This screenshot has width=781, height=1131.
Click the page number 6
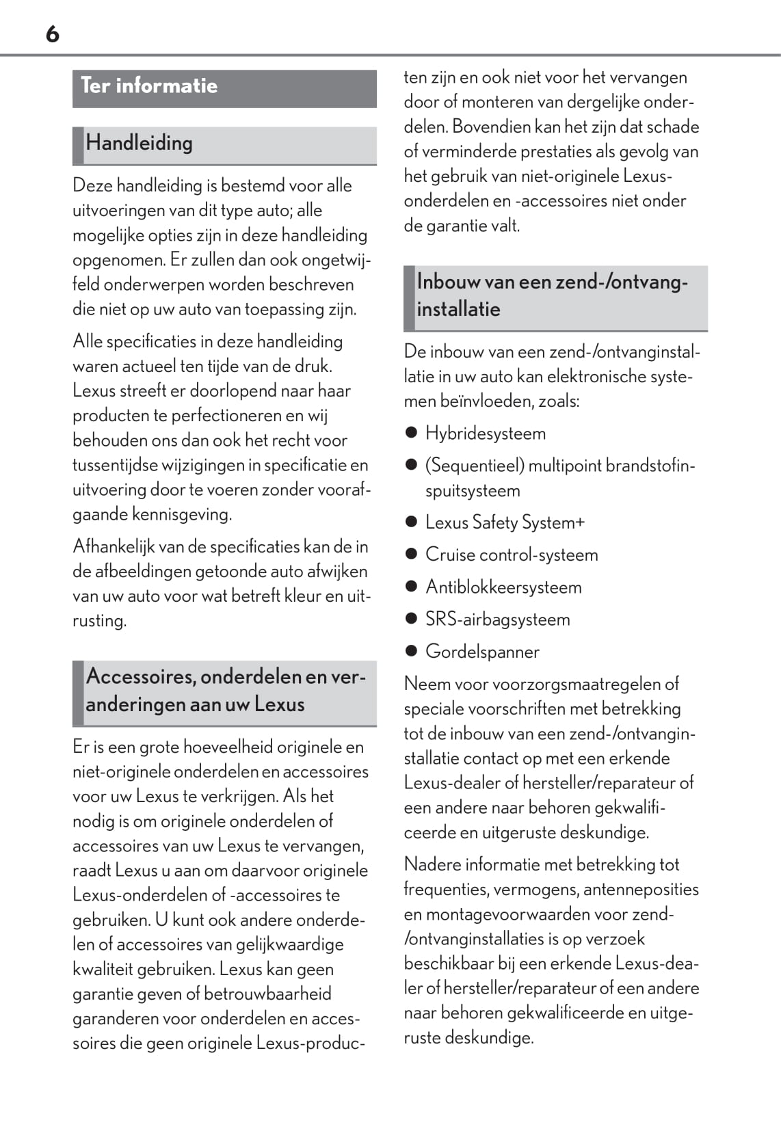pyautogui.click(x=53, y=34)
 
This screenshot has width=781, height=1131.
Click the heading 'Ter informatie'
pyautogui.click(x=149, y=86)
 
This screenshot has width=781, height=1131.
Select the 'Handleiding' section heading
pyautogui.click(x=139, y=143)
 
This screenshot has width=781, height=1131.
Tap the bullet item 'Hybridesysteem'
pyautogui.click(x=485, y=434)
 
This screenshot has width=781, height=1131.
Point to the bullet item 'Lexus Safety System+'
pyautogui.click(x=505, y=522)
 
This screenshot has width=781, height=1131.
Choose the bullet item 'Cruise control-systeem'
pyautogui.click(x=511, y=555)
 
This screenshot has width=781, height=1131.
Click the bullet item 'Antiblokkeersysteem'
pyautogui.click(x=503, y=587)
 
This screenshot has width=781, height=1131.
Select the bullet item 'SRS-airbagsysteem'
pyautogui.click(x=497, y=620)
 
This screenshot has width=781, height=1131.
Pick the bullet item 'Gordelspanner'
pyautogui.click(x=482, y=652)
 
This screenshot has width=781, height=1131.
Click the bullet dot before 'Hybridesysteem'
pyautogui.click(x=411, y=433)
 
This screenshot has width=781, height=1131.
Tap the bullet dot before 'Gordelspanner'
pyautogui.click(x=411, y=651)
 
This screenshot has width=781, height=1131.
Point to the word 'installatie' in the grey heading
pyautogui.click(x=458, y=309)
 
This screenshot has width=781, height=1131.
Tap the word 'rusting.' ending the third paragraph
pyautogui.click(x=100, y=621)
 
